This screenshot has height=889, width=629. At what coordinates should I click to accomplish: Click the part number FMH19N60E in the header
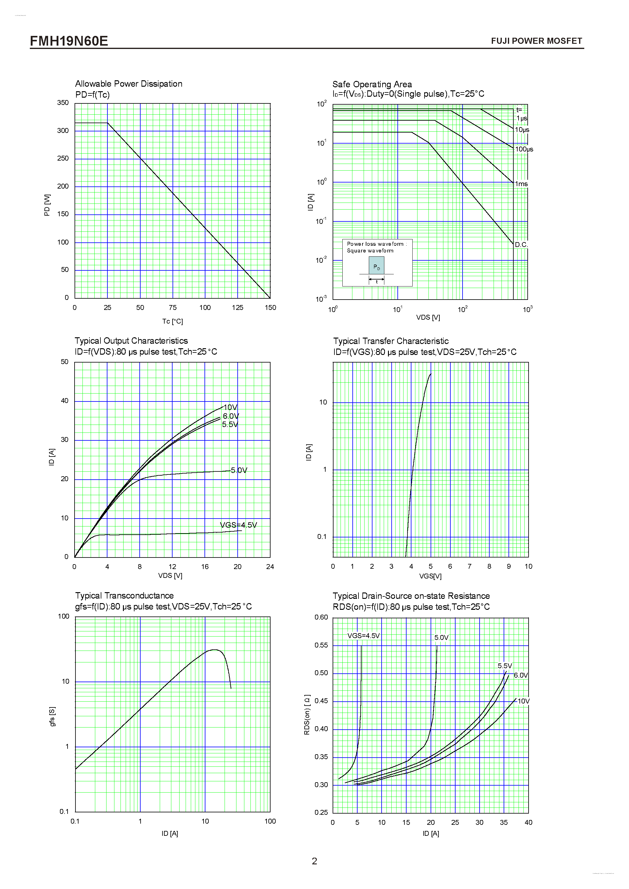(69, 41)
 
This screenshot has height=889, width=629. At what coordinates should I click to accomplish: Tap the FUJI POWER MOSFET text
(536, 41)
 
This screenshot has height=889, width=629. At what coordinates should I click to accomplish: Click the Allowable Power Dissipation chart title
(129, 84)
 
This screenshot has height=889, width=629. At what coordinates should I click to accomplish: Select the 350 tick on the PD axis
(63, 102)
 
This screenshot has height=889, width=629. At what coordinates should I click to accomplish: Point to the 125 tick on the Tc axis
(237, 307)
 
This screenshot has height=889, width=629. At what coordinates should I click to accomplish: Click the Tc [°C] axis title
(172, 321)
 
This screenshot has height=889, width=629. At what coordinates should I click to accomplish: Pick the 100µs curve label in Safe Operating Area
(524, 149)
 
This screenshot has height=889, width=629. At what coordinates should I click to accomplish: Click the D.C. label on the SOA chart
(521, 245)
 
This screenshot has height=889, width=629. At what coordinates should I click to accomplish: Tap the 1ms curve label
(521, 184)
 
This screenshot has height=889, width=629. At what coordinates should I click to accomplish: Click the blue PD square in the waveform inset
(376, 266)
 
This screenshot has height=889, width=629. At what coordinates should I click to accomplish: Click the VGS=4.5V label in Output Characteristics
(238, 525)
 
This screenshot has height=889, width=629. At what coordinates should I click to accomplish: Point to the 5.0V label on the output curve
(239, 470)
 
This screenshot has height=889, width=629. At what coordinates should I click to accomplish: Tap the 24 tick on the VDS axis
(270, 567)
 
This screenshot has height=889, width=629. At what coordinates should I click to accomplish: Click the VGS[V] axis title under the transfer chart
(430, 576)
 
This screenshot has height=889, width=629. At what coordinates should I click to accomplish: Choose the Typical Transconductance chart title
(124, 596)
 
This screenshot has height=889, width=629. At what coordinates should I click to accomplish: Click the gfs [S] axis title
(52, 716)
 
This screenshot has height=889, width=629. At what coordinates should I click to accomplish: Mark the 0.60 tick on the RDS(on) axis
(321, 617)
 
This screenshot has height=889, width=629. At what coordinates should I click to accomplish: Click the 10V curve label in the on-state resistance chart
(524, 701)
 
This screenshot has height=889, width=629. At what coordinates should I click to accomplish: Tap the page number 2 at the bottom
(315, 861)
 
